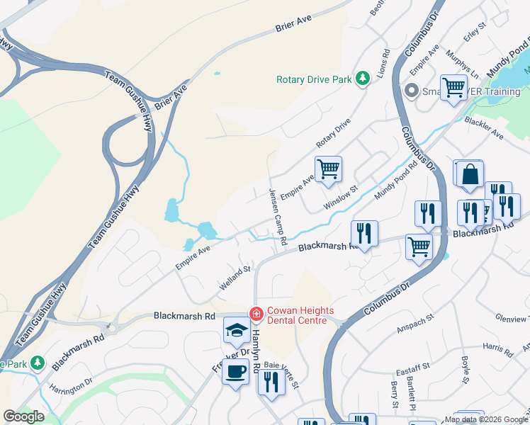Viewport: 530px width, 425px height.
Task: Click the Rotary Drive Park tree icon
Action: coord(363,78)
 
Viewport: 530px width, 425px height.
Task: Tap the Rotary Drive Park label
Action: coord(314,79)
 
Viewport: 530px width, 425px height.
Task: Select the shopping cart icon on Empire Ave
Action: coord(328,169)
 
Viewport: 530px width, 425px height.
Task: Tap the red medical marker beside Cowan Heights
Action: coord(255,312)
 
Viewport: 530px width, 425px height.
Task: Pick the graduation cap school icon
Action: coord(237,331)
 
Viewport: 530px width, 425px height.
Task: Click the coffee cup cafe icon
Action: coord(235,370)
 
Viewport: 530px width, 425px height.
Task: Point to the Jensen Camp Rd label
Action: coord(277,217)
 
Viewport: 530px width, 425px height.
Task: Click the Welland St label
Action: coord(235,276)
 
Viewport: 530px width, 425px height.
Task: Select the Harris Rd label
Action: coord(499,349)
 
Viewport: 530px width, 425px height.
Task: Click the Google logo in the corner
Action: coord(23,416)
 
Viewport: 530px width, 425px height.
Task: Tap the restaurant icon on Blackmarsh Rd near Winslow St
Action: coord(364,232)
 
